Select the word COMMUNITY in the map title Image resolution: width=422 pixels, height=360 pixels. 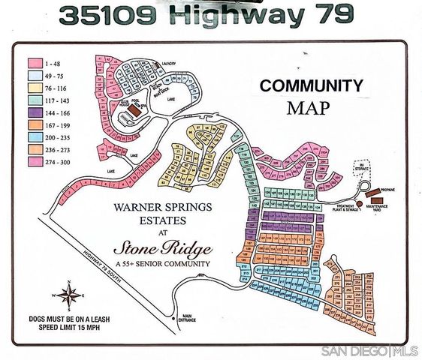tap(312, 85)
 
